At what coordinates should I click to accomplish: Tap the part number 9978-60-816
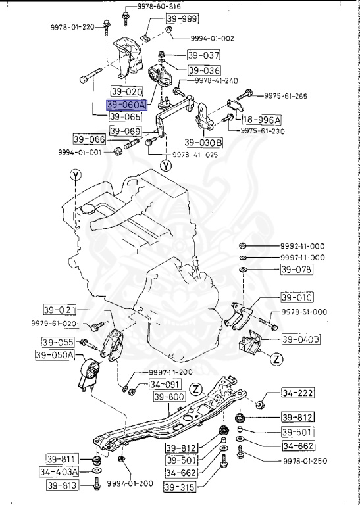click(x=160, y=5)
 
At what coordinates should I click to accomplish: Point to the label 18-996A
click(x=261, y=120)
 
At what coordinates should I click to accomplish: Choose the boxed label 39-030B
click(x=203, y=142)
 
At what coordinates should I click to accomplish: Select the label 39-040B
click(x=301, y=339)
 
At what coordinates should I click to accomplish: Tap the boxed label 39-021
click(x=60, y=310)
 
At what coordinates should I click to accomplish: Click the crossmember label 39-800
click(x=170, y=397)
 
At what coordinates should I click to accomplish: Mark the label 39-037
click(x=203, y=55)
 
